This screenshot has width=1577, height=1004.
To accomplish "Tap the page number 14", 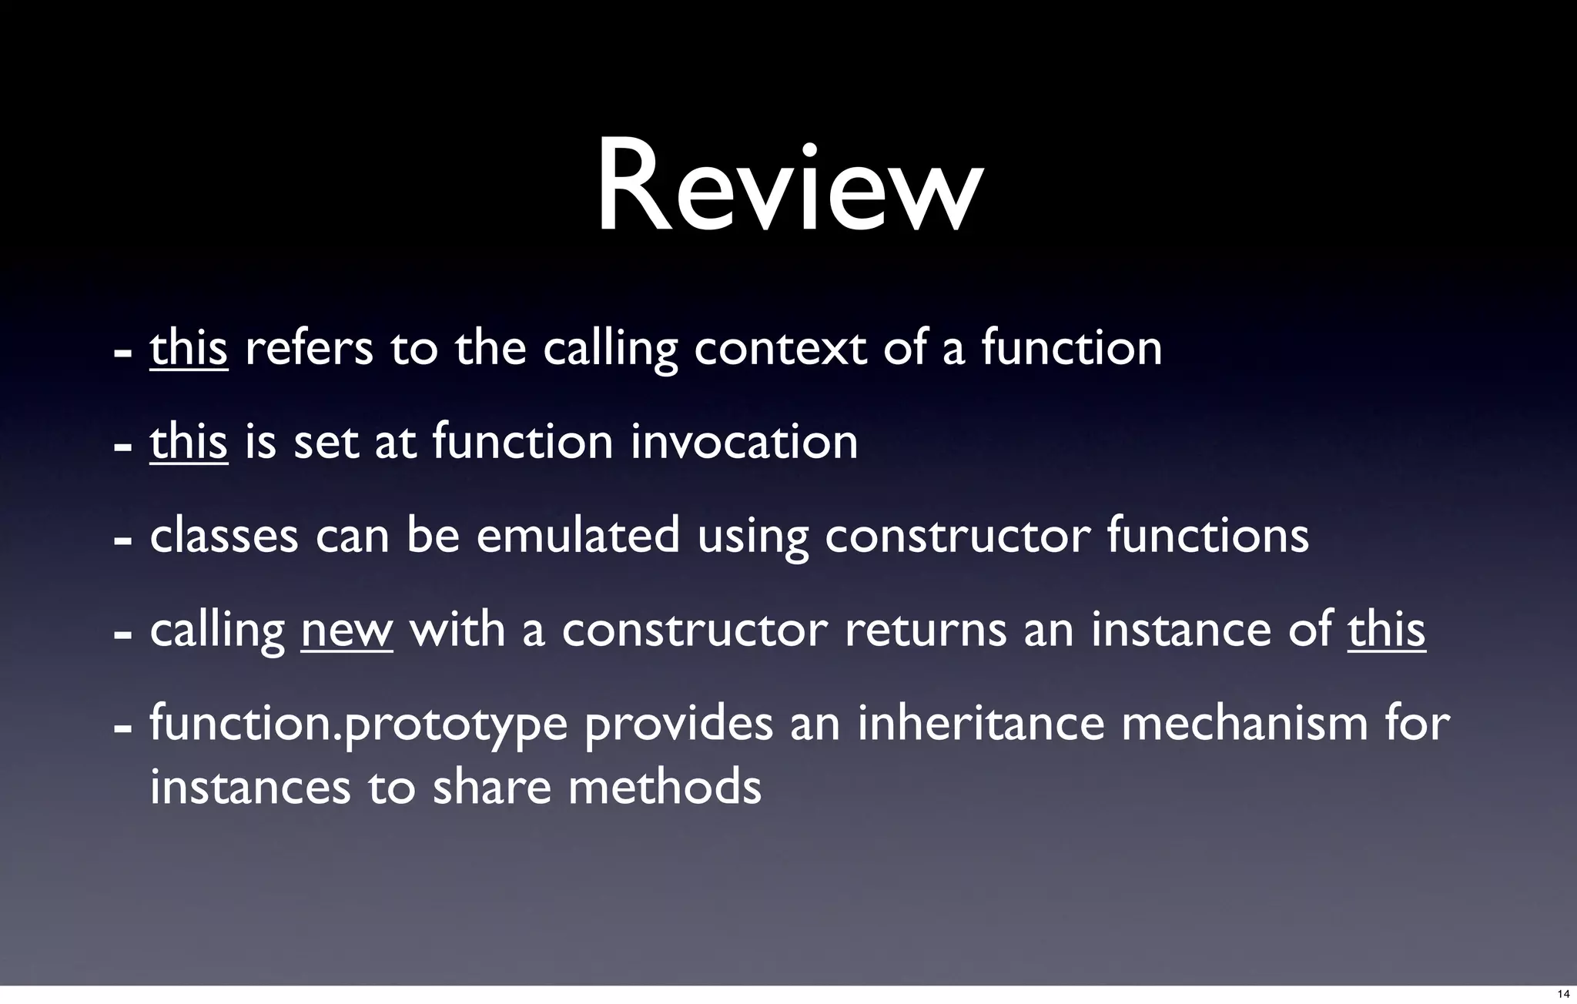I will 1563,995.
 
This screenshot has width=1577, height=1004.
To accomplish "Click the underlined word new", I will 347,631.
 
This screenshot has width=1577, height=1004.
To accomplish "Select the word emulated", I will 578,536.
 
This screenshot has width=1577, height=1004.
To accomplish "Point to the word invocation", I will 744,443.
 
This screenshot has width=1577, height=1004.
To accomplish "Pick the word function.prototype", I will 358,725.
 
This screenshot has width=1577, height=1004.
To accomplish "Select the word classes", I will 224,536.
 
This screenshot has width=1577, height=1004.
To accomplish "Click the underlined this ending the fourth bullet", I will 1387,629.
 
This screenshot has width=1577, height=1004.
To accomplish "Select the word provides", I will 679,725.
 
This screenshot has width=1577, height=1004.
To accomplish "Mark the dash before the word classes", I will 120,540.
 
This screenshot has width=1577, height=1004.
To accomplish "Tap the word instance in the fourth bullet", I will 1179,631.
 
